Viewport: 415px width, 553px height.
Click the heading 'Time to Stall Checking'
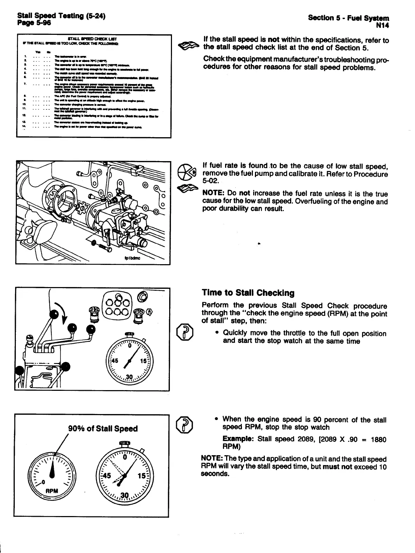coord(248,293)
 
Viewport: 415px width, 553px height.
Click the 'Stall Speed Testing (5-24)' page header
coord(61,16)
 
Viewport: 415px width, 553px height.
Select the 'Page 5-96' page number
coord(34,23)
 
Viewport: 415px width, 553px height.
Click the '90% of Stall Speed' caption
coord(103,428)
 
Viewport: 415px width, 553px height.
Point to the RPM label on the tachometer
coord(51,491)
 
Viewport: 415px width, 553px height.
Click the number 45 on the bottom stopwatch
coord(106,476)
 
